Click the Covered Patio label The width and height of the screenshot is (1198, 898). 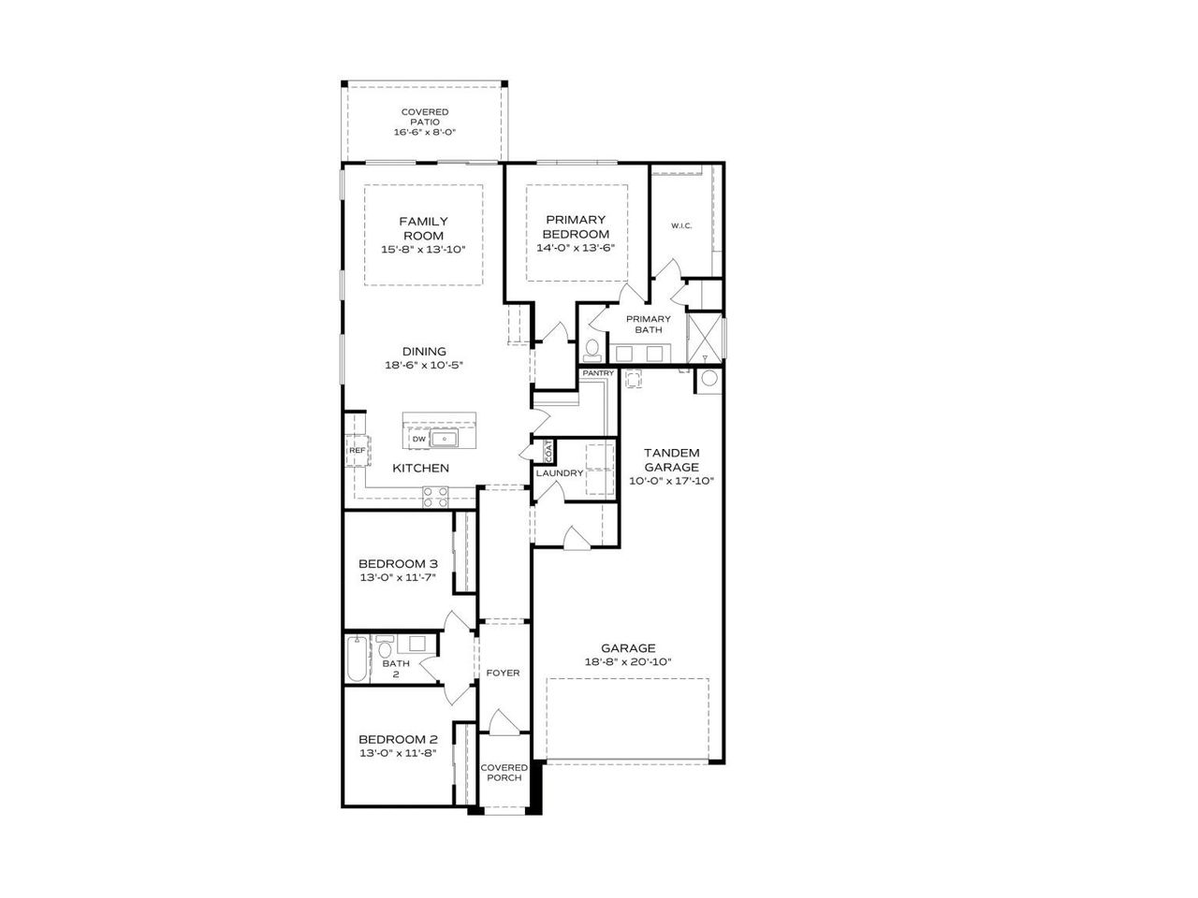pos(425,117)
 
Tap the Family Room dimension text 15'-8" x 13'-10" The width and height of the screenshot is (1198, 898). pos(422,250)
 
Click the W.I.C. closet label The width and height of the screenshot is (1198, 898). pos(680,226)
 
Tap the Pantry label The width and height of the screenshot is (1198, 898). pos(597,373)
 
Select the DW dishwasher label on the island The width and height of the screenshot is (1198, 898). pos(418,439)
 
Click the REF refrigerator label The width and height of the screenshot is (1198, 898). pos(357,451)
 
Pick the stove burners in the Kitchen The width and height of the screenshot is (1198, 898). pos(435,497)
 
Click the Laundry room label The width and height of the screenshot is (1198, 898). pos(559,473)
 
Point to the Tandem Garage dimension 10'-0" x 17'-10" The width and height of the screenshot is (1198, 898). pos(671,481)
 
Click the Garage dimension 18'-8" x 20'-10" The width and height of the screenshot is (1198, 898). pos(628,661)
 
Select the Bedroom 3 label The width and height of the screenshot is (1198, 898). pos(398,564)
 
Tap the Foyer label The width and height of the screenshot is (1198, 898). pos(503,673)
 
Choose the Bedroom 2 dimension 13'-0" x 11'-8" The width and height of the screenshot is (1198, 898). pos(398,752)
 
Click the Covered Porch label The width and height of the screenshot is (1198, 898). pos(504,773)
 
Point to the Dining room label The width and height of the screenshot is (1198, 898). pos(424,352)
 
